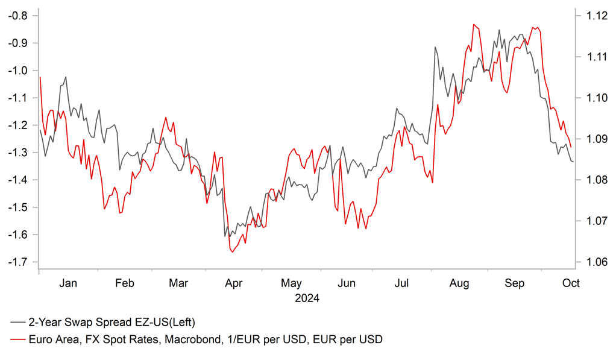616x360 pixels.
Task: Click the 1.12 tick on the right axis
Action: pyautogui.click(x=593, y=16)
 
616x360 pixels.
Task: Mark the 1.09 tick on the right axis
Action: pyautogui.click(x=593, y=139)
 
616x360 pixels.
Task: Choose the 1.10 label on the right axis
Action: pyautogui.click(x=593, y=98)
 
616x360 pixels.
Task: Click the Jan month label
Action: pyautogui.click(x=69, y=283)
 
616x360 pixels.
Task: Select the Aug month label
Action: pyautogui.click(x=460, y=283)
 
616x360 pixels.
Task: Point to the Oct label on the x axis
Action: pyautogui.click(x=571, y=283)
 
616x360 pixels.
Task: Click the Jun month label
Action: pyautogui.click(x=347, y=283)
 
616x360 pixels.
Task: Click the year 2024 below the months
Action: pyautogui.click(x=307, y=298)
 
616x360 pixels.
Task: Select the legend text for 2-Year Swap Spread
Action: pyautogui.click(x=112, y=321)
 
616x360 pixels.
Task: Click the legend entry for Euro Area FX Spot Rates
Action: pyautogui.click(x=205, y=339)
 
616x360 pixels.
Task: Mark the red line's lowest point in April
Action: pyautogui.click(x=232, y=252)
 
